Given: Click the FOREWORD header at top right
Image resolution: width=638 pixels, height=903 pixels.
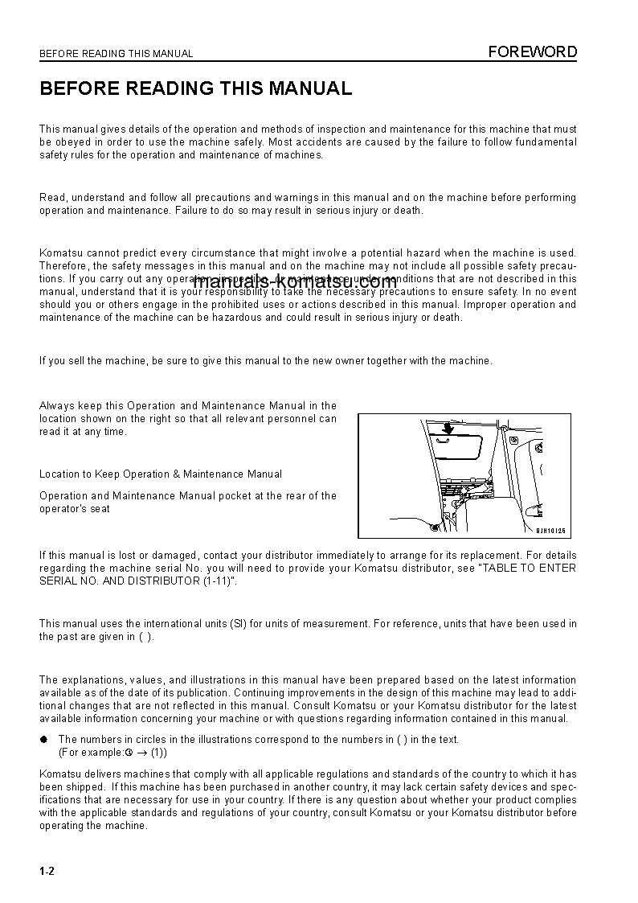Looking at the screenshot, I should (x=534, y=52).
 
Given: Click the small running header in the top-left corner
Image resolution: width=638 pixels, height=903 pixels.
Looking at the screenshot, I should (x=117, y=55).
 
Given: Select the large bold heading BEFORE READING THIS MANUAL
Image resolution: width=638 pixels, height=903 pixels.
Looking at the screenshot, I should (x=196, y=89).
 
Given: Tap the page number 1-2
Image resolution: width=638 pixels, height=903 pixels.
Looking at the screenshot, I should (x=47, y=872).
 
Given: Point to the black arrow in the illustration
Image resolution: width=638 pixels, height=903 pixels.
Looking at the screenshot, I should (x=448, y=428).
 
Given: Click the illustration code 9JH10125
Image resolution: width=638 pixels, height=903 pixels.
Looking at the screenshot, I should (x=551, y=531).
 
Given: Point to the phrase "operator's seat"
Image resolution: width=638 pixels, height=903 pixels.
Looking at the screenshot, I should (x=75, y=509).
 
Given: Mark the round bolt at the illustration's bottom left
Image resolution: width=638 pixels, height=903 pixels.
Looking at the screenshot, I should (x=434, y=527).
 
